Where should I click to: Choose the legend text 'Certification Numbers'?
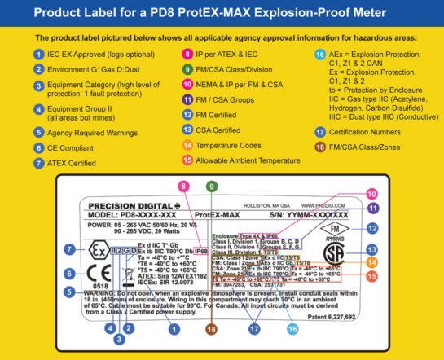(377, 131)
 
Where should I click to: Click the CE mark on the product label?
(73, 272)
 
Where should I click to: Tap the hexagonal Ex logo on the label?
(73, 248)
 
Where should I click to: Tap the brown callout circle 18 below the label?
(211, 329)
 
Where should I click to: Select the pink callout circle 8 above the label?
(187, 187)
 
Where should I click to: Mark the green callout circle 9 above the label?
(211, 187)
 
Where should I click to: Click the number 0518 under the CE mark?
(73, 287)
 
